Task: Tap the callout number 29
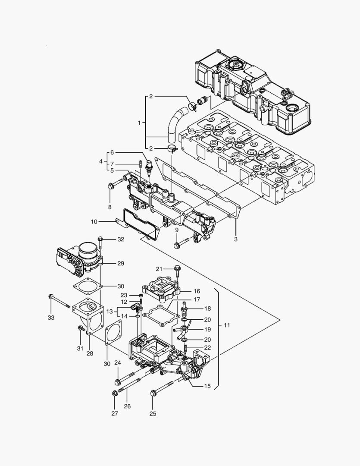(121, 263)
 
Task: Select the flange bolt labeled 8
(111, 186)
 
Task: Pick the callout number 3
(236, 239)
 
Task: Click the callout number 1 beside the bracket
(139, 123)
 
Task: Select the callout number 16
(196, 291)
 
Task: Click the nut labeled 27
(115, 393)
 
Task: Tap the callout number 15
(207, 386)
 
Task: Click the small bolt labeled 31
(81, 329)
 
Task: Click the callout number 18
(207, 309)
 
